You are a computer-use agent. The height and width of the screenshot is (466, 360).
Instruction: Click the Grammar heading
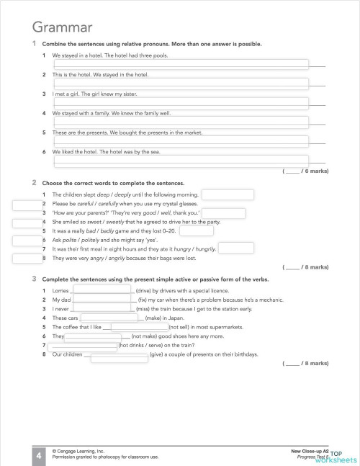pyautogui.click(x=62, y=28)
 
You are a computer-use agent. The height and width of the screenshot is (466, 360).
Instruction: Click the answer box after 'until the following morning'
pyautogui.click(x=228, y=194)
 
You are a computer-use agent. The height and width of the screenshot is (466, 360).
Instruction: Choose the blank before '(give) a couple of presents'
pyautogui.click(x=116, y=354)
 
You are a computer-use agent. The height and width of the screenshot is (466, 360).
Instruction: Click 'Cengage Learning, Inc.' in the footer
pyautogui.click(x=81, y=449)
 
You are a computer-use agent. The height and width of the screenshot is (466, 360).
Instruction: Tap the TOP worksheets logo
pyautogui.click(x=344, y=455)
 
